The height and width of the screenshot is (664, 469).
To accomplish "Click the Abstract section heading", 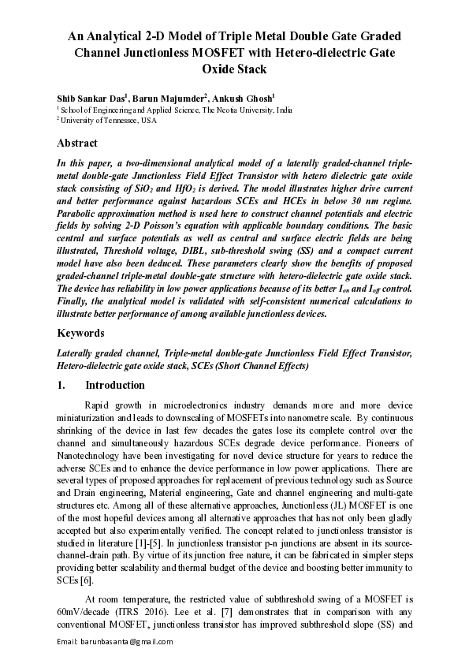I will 77,144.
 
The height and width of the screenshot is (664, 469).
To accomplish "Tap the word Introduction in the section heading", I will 114,386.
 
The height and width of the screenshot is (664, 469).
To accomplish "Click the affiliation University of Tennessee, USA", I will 109,121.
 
